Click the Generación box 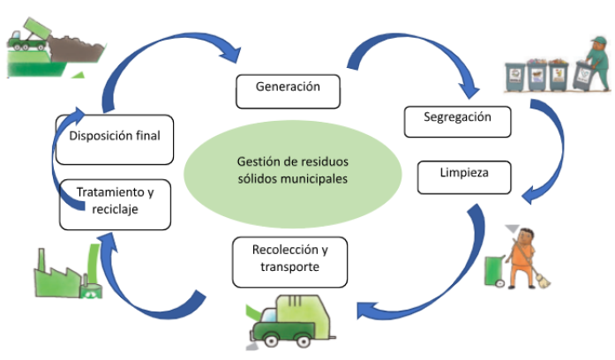pyautogui.click(x=288, y=88)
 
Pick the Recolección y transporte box pyautogui.click(x=289, y=260)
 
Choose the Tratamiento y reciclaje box pyautogui.click(x=112, y=202)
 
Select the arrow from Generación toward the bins pyautogui.click(x=415, y=53)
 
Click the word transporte pyautogui.click(x=289, y=268)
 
